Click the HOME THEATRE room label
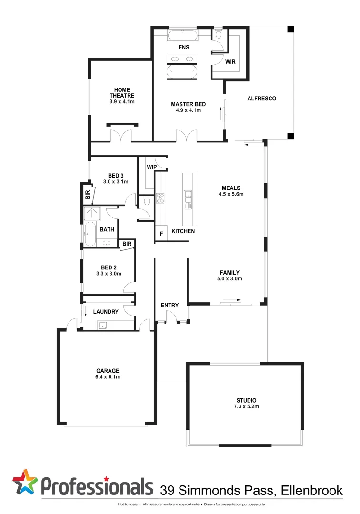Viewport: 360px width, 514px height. tap(122, 92)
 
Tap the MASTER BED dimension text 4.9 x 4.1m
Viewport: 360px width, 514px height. tap(188, 110)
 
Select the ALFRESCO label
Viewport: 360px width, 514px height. tap(261, 99)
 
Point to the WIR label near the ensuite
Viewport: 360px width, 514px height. tap(230, 62)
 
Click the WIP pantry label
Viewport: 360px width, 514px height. tap(151, 167)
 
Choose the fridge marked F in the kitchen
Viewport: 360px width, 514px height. tap(161, 234)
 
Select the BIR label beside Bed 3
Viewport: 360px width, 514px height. tap(87, 194)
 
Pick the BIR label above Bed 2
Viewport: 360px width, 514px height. tap(126, 244)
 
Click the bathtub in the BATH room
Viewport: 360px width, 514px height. tap(90, 235)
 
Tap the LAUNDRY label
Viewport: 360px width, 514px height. tap(106, 312)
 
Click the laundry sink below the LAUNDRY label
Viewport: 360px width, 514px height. tap(103, 326)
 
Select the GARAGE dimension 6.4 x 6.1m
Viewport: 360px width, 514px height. tap(107, 376)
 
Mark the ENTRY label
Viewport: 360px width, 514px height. tap(169, 305)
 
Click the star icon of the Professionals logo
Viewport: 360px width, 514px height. tap(25, 482)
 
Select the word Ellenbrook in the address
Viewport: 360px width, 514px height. tap(310, 490)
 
